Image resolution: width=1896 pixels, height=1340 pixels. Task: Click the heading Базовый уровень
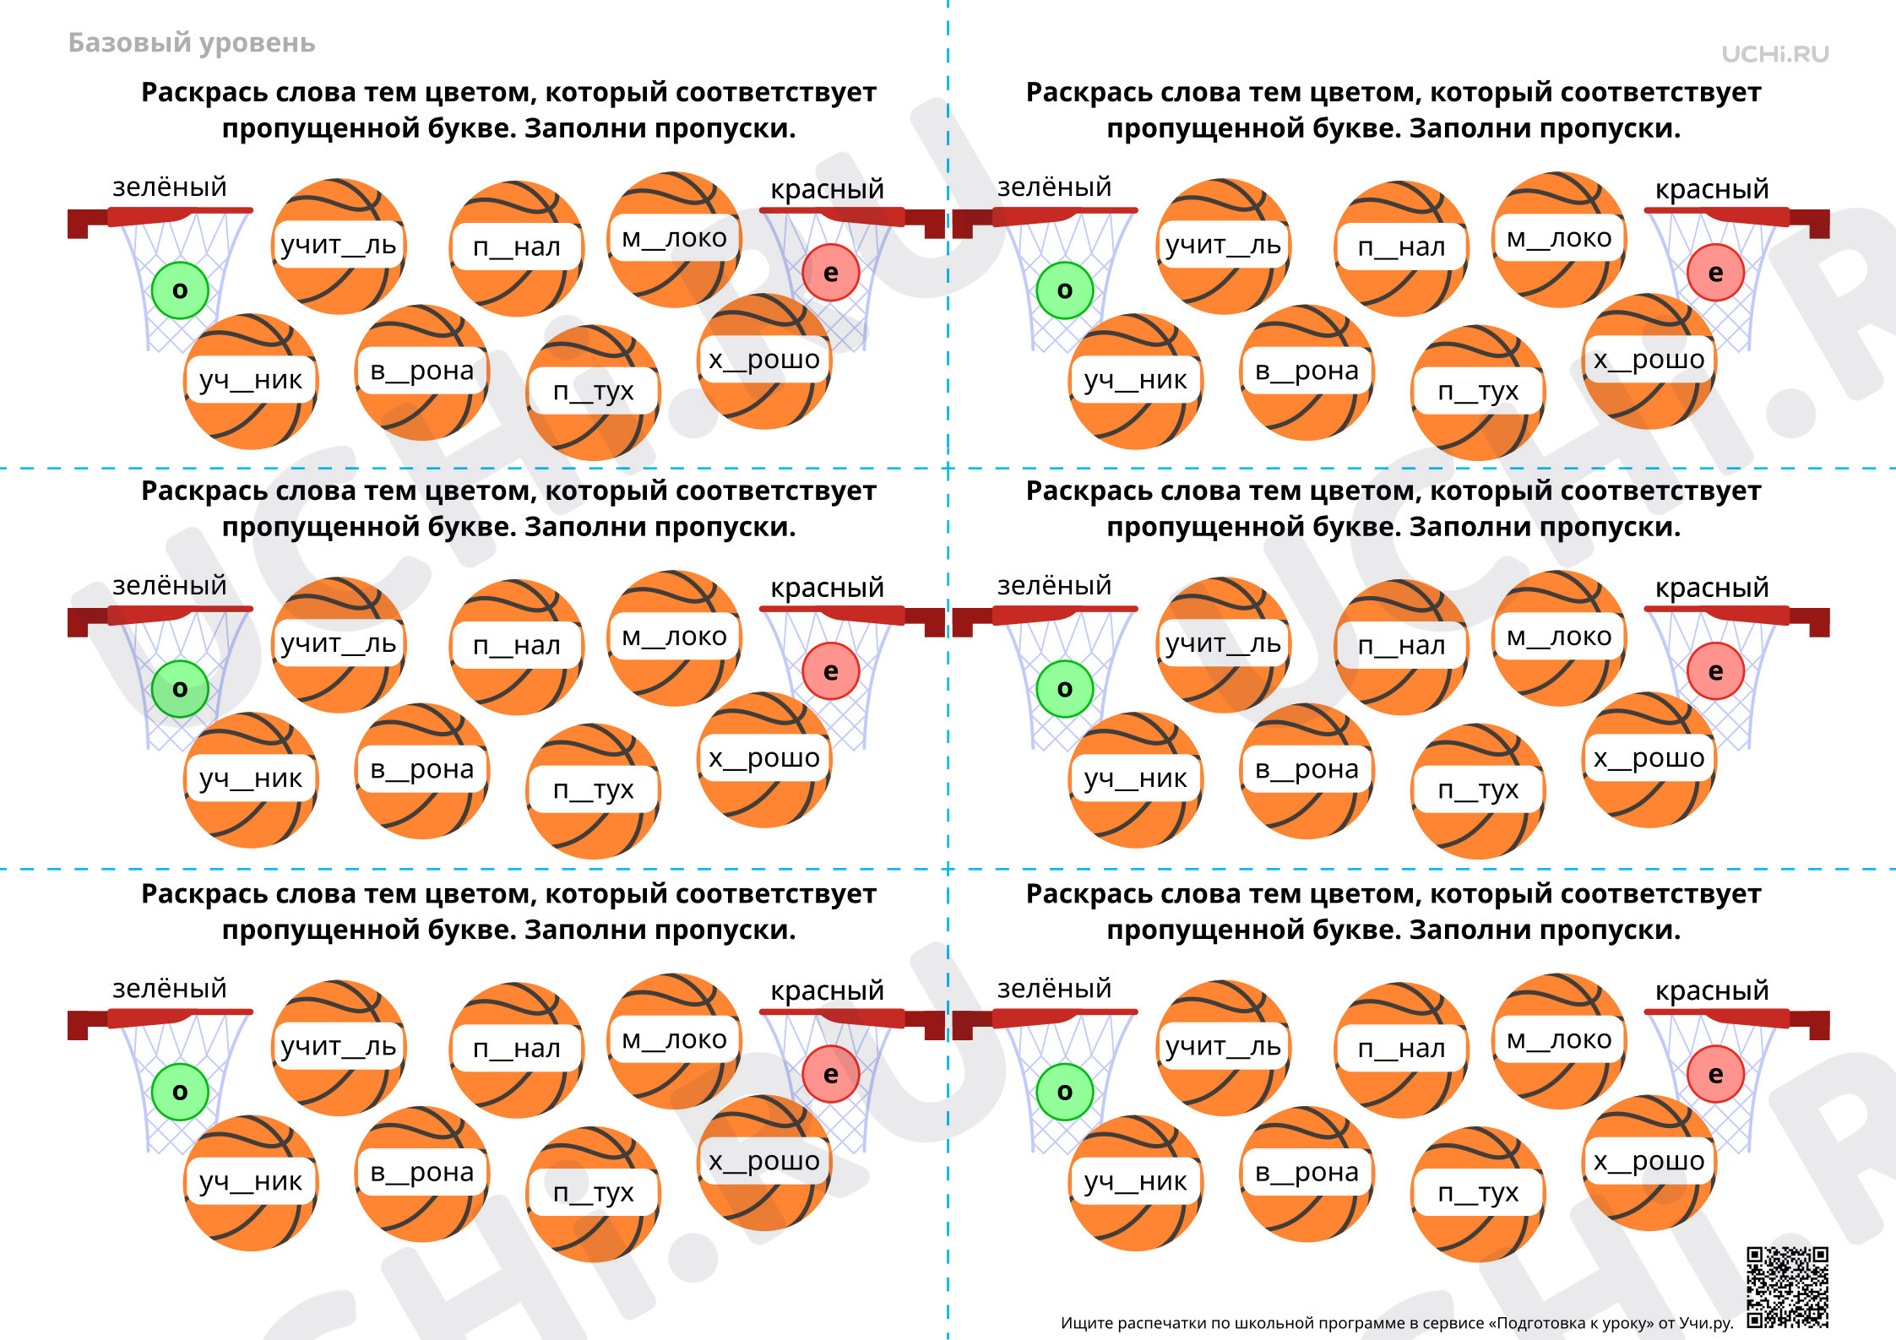(x=192, y=43)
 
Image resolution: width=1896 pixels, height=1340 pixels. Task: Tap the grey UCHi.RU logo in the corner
(x=1775, y=54)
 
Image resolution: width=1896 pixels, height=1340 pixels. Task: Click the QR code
(x=1787, y=1287)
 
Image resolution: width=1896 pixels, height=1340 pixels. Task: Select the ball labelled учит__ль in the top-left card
(x=339, y=246)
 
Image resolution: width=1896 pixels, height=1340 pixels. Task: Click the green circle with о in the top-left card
(x=180, y=290)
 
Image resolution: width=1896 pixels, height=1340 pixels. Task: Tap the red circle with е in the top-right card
(x=1715, y=273)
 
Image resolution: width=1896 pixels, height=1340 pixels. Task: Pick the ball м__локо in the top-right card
(x=1559, y=240)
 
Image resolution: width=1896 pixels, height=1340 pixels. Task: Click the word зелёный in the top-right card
(x=1054, y=187)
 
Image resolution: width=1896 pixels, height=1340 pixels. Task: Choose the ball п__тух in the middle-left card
(x=594, y=791)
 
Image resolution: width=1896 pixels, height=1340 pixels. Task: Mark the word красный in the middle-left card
(x=827, y=588)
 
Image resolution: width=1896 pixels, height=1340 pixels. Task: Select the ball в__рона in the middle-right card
(x=1307, y=771)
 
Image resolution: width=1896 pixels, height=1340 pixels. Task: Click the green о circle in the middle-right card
(x=1065, y=689)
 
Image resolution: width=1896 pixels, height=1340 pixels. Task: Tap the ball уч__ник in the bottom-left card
(x=251, y=1183)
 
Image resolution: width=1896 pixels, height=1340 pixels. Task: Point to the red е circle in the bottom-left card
(x=830, y=1074)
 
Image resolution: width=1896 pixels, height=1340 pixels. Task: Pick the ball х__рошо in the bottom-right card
(x=1649, y=1163)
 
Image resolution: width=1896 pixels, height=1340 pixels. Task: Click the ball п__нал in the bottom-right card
(x=1402, y=1050)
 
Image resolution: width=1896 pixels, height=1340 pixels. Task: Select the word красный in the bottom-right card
(x=1712, y=990)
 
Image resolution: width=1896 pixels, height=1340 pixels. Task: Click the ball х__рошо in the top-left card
(x=764, y=361)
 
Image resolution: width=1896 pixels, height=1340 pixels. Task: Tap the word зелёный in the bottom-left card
(x=169, y=989)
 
